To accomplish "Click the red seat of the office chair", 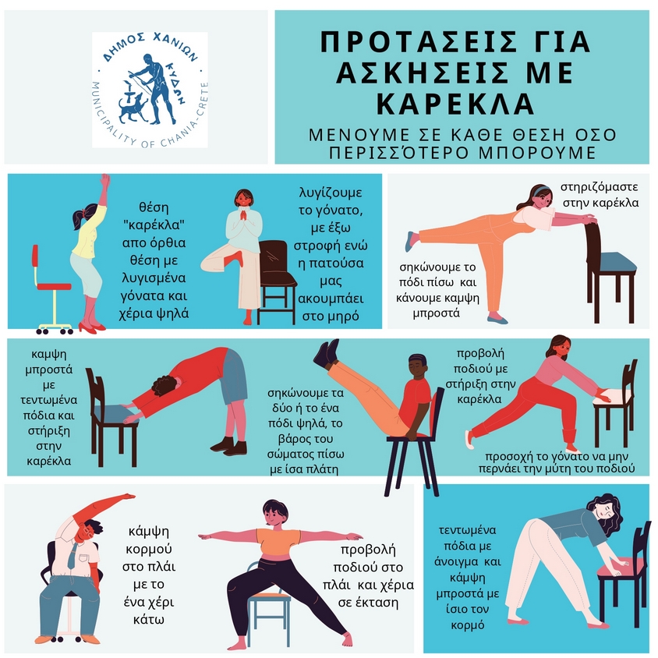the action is pos(54,287).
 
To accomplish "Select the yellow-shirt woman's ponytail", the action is pos(80,218).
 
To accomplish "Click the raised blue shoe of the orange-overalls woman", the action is pos(409,241).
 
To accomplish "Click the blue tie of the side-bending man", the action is pos(73,554).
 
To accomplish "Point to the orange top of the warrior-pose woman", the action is pos(278,541).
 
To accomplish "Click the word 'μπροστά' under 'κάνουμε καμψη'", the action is pos(437,313).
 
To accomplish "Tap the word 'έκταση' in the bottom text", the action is pos(368,602).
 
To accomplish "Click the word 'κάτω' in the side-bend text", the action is pos(149,619).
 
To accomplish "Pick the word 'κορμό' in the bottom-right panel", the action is pos(468,624).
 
